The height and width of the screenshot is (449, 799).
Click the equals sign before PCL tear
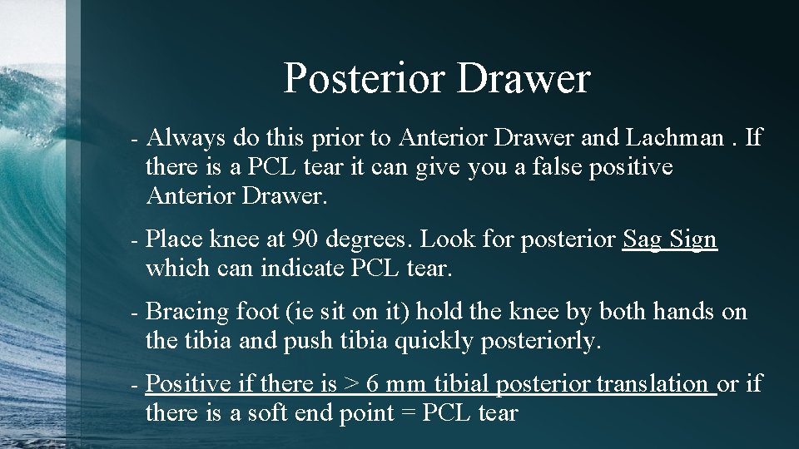coord(409,414)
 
